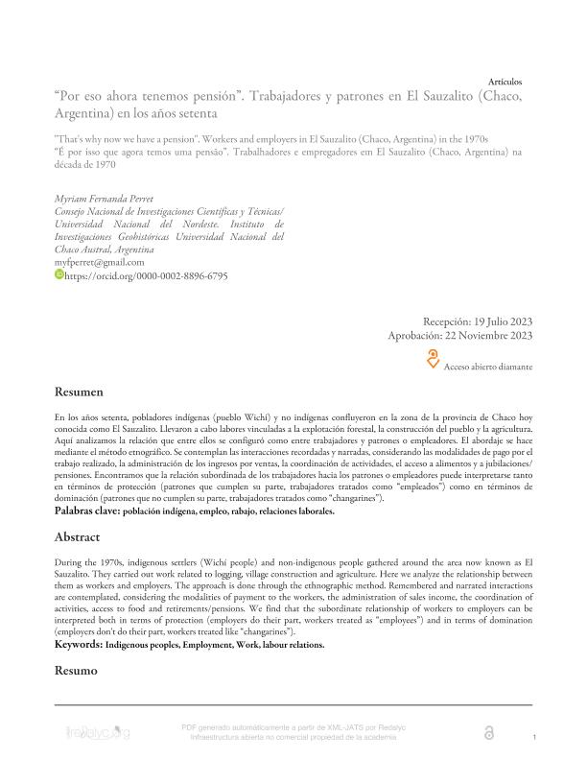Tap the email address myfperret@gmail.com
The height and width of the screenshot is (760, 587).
click(100, 261)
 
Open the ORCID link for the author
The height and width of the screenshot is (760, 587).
click(146, 274)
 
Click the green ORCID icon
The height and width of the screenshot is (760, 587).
click(59, 274)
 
